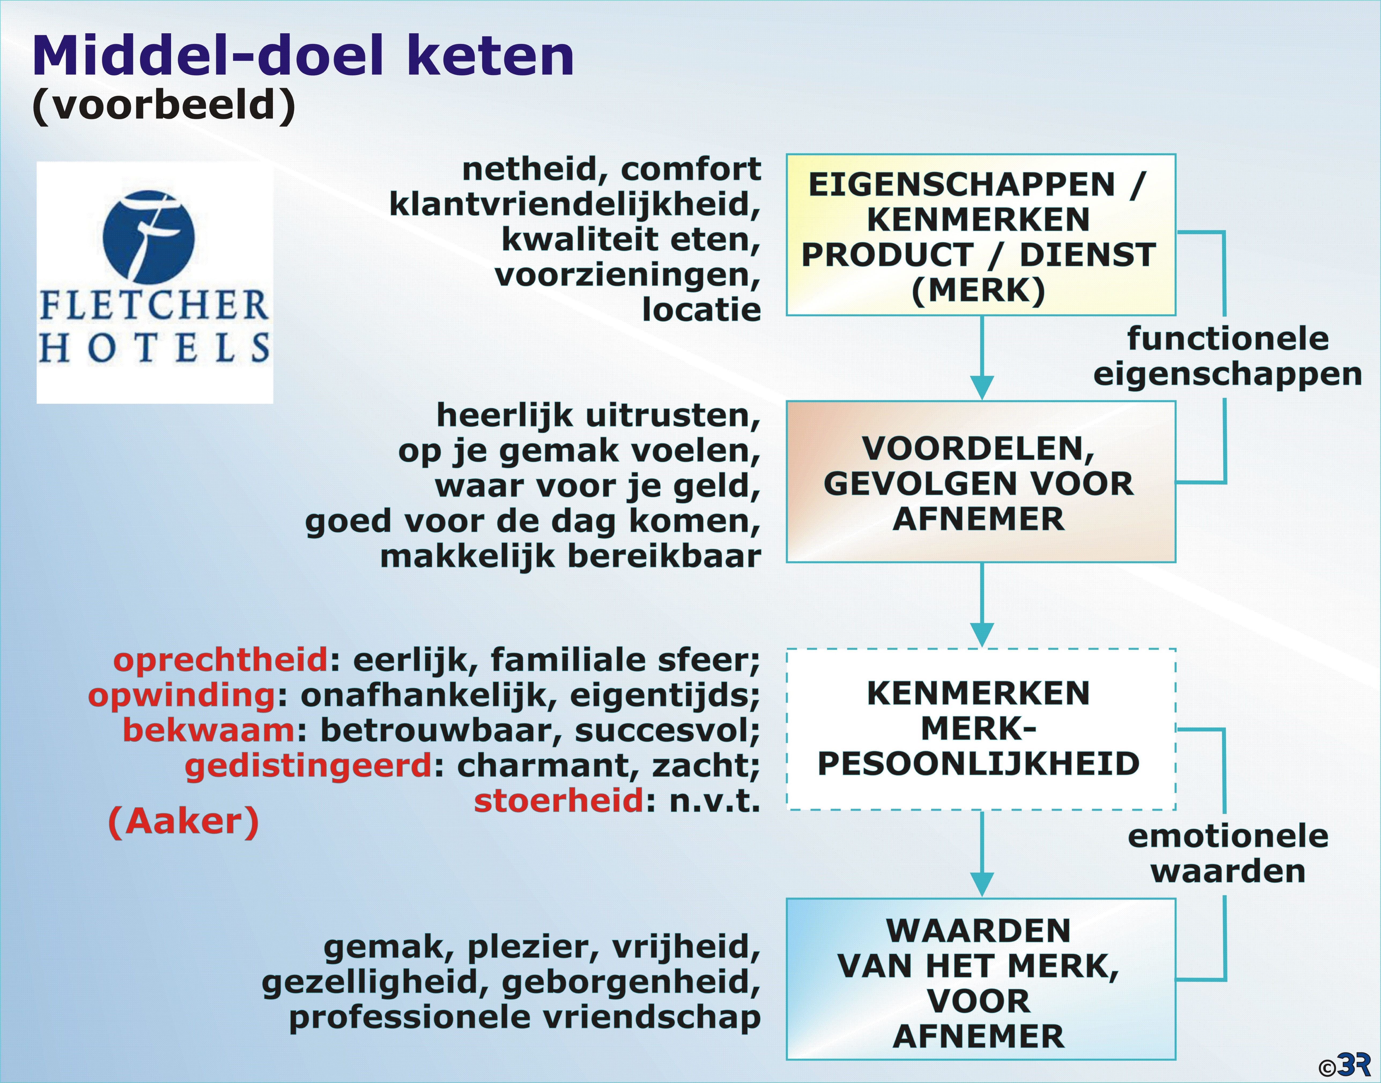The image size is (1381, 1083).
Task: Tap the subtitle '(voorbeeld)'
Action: click(164, 105)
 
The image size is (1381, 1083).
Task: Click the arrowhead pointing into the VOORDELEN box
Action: click(982, 387)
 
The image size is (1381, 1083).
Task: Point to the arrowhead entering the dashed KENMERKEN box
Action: click(982, 635)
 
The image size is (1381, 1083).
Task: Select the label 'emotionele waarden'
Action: click(1228, 853)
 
